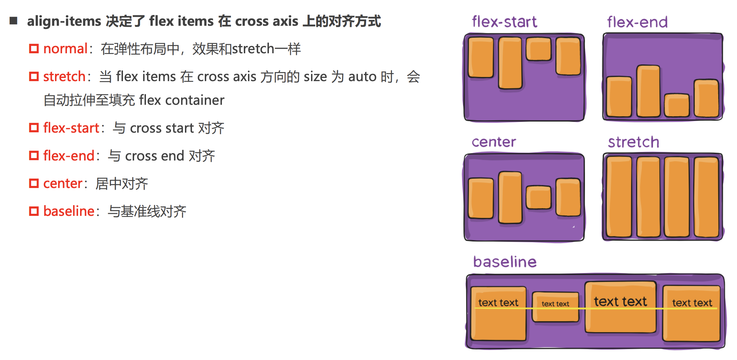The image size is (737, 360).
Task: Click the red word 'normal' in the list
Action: coord(65,49)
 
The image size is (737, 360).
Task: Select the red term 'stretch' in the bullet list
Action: coord(64,77)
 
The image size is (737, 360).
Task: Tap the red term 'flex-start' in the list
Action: coord(71,128)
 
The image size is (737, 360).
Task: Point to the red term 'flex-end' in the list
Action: coord(69,156)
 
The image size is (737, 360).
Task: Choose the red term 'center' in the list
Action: coord(63,183)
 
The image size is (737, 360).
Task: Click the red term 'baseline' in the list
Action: coord(69,211)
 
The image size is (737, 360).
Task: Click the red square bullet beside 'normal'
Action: coord(34,49)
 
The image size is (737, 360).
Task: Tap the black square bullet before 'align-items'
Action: coord(14,21)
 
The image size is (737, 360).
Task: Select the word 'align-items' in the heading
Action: coord(64,21)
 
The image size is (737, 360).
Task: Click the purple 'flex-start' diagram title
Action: coord(504,22)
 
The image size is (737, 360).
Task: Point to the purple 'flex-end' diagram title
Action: coord(637,22)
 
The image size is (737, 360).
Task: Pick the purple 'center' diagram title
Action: coord(494,142)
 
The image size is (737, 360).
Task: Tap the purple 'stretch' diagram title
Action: coord(633,142)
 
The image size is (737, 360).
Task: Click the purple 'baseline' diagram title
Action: coord(505,262)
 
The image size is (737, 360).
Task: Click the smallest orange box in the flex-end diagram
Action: coord(676,105)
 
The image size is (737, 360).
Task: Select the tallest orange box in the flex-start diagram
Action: coord(510,63)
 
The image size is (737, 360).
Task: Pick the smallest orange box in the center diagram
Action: coord(538,197)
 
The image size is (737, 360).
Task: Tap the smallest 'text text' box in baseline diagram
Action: coord(555,307)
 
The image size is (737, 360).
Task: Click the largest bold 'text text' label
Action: coord(620,302)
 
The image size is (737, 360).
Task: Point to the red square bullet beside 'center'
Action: coord(34,183)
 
